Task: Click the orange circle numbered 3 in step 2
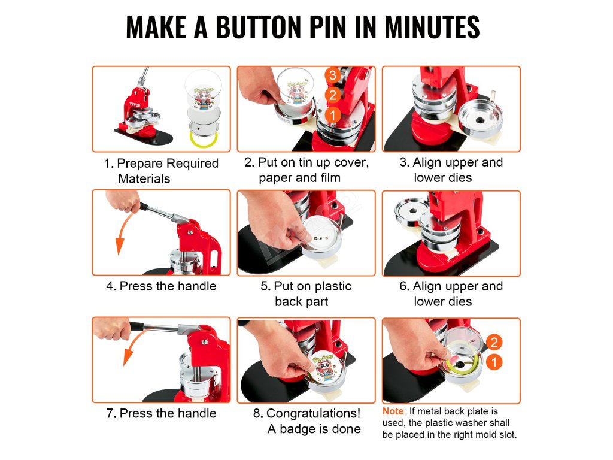[333, 75]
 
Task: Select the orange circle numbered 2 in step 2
[333, 95]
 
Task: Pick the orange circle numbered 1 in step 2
[333, 115]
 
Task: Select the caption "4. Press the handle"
[161, 286]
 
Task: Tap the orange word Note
[393, 411]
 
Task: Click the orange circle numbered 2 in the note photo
[494, 342]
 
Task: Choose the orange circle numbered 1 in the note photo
[494, 362]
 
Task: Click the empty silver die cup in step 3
[481, 117]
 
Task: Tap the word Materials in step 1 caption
[144, 178]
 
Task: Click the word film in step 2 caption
[330, 177]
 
